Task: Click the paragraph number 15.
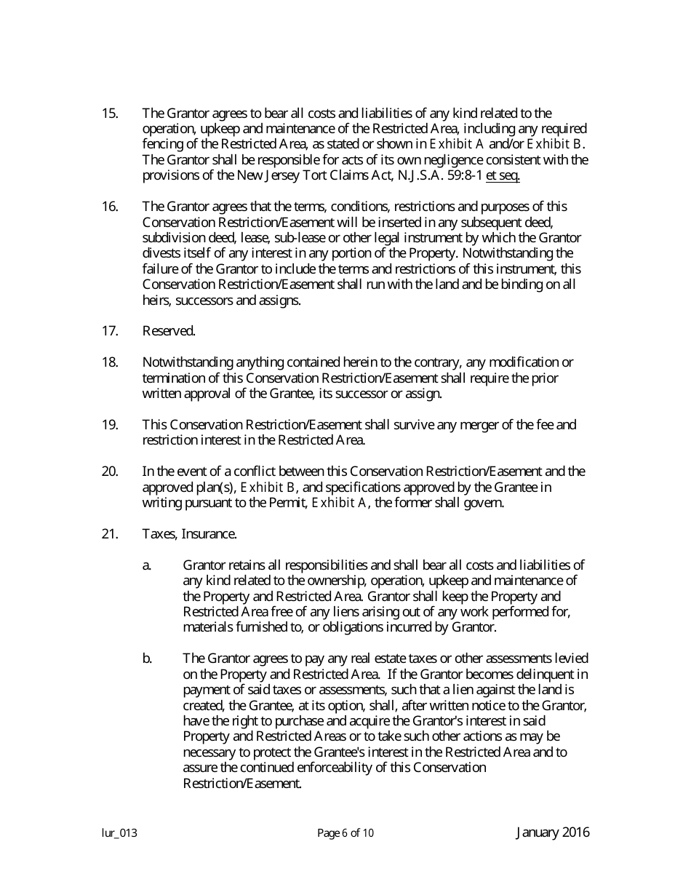coord(109,113)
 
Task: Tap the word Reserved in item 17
coord(169,331)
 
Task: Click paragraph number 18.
coord(109,362)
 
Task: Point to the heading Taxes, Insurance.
coord(189,534)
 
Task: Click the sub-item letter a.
coord(146,565)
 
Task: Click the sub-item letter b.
coord(147,659)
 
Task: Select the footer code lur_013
coord(119,834)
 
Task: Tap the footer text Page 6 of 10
coord(345,834)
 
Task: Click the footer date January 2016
coord(553,833)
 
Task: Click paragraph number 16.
coord(109,207)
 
